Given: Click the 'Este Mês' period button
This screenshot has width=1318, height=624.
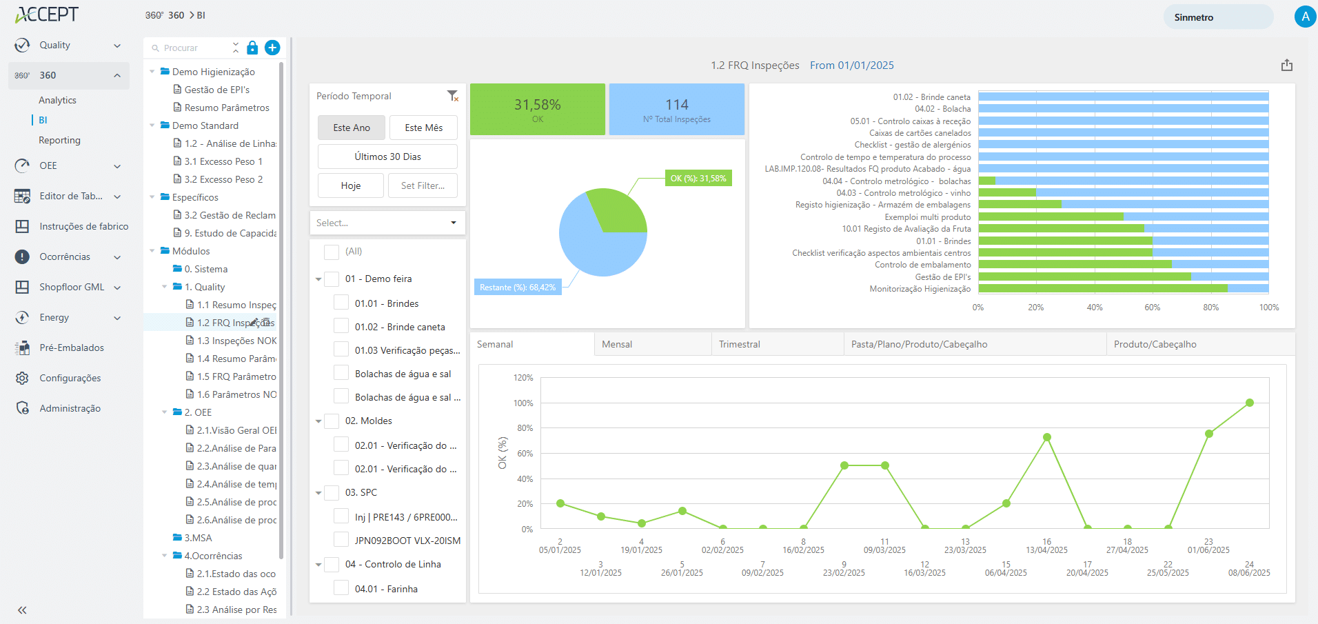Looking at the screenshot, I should coord(423,128).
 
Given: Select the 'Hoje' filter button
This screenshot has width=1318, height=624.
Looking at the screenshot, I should coord(350,185).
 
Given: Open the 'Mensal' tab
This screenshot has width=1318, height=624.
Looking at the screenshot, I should coord(617,344).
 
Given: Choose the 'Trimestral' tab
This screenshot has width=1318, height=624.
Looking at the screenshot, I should coord(739,344).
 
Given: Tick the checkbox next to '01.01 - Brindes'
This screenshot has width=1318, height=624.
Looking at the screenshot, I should coord(341,303).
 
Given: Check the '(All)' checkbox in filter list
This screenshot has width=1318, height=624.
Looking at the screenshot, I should coord(332,252).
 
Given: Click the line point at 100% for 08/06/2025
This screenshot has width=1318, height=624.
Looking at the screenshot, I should coord(1249,403).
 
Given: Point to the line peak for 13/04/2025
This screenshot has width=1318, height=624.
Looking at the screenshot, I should coord(1046,437).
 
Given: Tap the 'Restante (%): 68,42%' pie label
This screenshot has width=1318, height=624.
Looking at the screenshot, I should coord(518,288).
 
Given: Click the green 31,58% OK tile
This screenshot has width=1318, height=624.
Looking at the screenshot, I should coord(537,109).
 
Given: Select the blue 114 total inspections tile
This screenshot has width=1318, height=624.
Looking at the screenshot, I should coord(676,109).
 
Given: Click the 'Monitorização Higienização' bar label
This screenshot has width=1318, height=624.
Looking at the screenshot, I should coord(920,289).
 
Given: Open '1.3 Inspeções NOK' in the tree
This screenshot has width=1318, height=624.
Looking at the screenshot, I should coord(236,341).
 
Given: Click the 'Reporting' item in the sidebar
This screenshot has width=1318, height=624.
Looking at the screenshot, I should coord(59,140).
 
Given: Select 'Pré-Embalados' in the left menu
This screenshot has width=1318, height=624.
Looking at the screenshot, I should coord(72,348).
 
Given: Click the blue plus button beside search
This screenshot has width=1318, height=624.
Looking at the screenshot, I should coord(272,48).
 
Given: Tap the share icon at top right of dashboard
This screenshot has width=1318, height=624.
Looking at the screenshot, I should coord(1286,66).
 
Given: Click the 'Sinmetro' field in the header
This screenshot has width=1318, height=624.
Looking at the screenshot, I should coord(1217,17).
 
